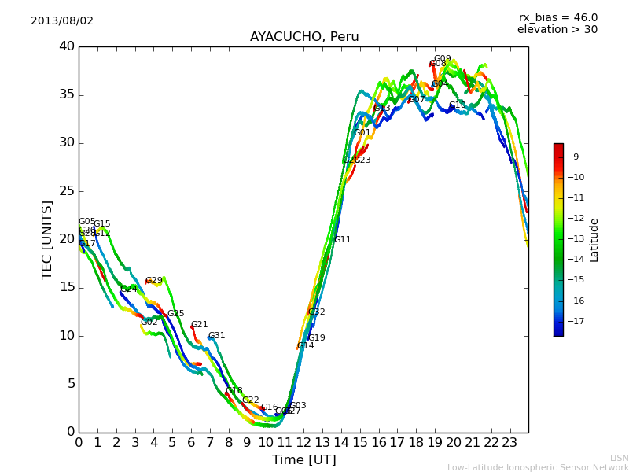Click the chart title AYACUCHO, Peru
[304, 37]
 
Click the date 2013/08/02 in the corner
[62, 20]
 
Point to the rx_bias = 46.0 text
[558, 17]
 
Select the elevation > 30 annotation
[557, 30]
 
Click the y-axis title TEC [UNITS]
[47, 239]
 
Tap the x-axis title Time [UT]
[303, 459]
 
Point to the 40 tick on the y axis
[66, 46]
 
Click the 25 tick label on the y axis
[66, 191]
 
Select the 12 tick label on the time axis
[303, 443]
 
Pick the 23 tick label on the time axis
[509, 443]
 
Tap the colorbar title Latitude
[594, 240]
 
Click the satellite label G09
[443, 59]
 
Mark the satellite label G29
[154, 281]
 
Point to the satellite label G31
[217, 336]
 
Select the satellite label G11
[343, 240]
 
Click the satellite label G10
[458, 105]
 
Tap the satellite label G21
[200, 325]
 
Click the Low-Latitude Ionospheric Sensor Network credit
[538, 467]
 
